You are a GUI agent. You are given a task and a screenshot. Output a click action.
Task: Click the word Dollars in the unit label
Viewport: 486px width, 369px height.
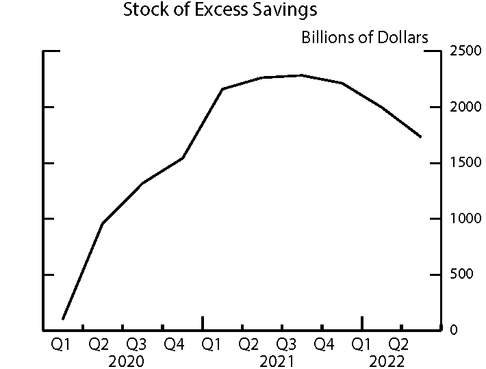(x=400, y=37)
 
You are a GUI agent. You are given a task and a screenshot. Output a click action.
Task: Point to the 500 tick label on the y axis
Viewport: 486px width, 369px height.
(x=460, y=275)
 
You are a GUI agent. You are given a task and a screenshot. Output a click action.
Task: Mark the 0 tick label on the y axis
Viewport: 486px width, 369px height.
(x=452, y=331)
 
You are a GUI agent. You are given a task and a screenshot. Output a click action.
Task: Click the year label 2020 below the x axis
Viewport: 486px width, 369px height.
(x=127, y=361)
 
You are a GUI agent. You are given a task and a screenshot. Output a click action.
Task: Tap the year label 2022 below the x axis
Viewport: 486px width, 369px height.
(x=387, y=361)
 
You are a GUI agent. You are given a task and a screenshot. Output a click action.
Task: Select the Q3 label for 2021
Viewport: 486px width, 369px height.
(x=286, y=344)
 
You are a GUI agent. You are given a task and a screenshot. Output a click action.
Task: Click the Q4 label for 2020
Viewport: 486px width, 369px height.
(x=175, y=344)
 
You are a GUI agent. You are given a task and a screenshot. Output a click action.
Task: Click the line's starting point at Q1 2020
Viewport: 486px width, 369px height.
(x=63, y=319)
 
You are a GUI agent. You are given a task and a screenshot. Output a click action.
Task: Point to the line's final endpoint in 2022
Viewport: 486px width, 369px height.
(x=421, y=137)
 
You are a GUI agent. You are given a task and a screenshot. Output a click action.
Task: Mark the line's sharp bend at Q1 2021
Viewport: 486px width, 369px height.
(x=222, y=89)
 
